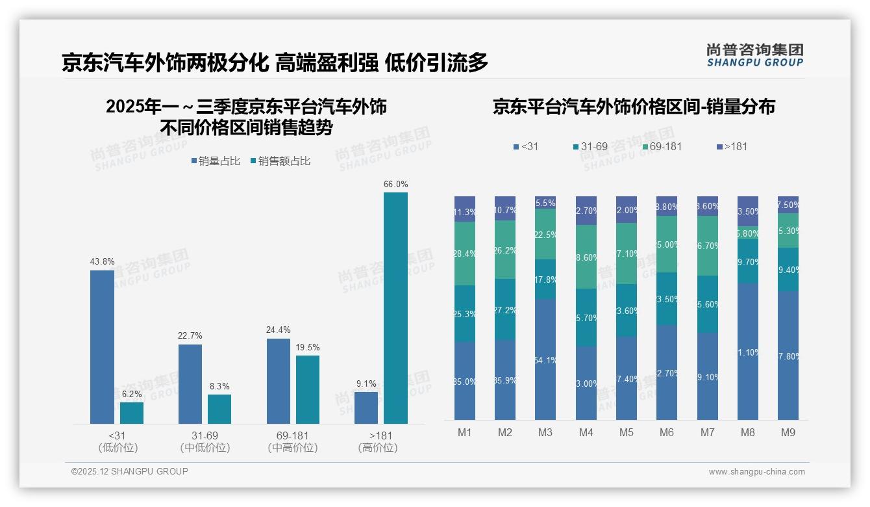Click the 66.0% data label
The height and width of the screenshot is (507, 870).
[x=395, y=184]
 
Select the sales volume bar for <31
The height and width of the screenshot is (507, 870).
[x=102, y=346]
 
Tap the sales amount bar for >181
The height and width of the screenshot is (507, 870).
[x=395, y=307]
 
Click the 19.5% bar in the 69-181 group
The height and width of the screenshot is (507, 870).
[x=308, y=389]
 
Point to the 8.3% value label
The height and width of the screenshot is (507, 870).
[x=219, y=386]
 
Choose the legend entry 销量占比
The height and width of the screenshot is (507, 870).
[x=216, y=161]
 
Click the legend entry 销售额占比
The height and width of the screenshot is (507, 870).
[x=280, y=161]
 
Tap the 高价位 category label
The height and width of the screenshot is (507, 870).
[x=377, y=448]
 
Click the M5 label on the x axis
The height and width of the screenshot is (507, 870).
[x=626, y=432]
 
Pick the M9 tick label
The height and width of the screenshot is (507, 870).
[x=788, y=432]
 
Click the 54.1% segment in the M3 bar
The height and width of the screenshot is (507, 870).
[x=545, y=359]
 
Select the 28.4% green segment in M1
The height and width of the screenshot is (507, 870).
[x=465, y=253]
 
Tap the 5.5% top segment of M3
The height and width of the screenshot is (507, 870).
[x=545, y=202]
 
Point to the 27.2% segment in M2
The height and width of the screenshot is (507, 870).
[x=504, y=309]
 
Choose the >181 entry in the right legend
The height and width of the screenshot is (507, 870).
[x=732, y=146]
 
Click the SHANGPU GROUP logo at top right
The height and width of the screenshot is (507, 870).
[x=754, y=55]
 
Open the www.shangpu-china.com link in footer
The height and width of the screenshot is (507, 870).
[x=756, y=472]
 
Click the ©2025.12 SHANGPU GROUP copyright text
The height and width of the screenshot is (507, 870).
[x=130, y=471]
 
